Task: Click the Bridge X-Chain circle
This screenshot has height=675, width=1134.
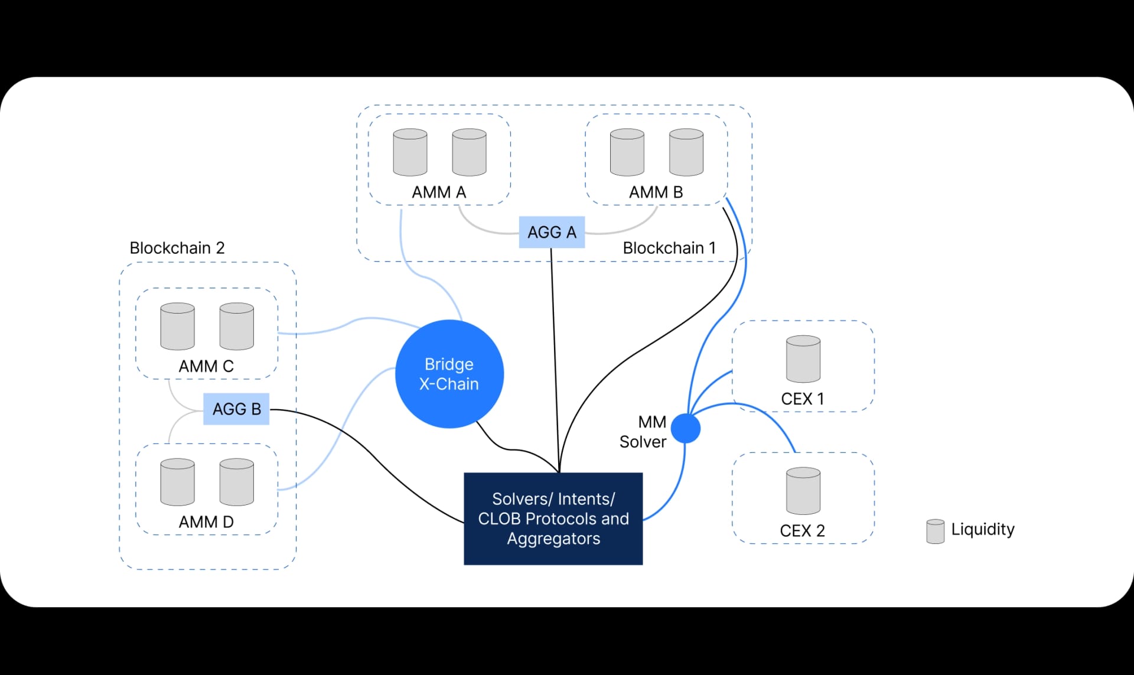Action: (449, 374)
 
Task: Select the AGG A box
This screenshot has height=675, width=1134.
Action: (552, 232)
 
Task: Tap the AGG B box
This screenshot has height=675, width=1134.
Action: (236, 409)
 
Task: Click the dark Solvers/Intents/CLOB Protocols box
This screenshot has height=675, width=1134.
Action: (553, 519)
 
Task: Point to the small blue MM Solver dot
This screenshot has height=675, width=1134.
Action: (686, 428)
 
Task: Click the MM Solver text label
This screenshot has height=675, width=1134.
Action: (643, 432)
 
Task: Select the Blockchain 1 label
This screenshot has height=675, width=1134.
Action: (669, 248)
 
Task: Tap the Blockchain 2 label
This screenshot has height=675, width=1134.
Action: (177, 248)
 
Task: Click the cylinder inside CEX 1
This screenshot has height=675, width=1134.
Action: (803, 359)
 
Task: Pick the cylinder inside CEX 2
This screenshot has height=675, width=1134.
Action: (803, 491)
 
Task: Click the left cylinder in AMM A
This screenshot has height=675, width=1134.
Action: (410, 152)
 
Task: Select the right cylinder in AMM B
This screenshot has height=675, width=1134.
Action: (686, 152)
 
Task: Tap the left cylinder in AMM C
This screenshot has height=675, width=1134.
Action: (177, 327)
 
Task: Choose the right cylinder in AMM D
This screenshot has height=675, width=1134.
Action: (236, 482)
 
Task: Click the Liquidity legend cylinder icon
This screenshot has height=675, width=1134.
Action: (935, 531)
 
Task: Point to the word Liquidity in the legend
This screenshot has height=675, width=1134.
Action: (983, 529)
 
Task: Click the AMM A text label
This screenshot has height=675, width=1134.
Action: (439, 193)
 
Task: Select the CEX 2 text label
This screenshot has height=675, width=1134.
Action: (802, 531)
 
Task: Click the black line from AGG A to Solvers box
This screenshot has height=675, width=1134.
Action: (555, 354)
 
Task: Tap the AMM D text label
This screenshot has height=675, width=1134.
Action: (206, 522)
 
